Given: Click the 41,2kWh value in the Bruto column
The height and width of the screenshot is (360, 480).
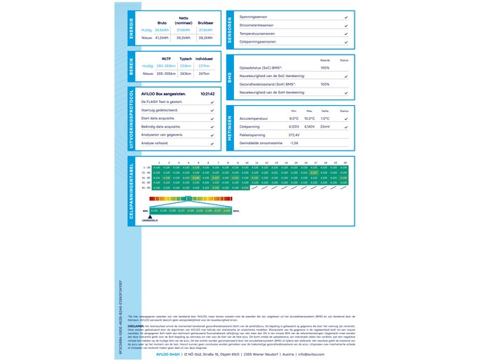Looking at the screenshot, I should click(162, 38).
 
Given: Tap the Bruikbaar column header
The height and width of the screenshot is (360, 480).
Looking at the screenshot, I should click(205, 22).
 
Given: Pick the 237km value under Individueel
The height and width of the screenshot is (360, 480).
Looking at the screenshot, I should click(205, 65).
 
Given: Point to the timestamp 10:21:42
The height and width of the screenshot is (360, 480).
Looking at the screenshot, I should click(207, 92).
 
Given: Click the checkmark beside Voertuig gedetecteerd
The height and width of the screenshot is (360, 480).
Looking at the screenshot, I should click(212, 110).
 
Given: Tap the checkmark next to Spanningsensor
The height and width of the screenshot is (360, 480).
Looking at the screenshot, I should click(345, 16).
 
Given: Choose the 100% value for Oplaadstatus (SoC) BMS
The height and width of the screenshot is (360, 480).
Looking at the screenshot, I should click(324, 68).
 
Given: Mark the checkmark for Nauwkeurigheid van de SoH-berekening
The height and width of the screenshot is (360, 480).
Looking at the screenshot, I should click(345, 92).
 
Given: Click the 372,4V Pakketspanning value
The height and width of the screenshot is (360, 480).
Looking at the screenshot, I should click(294, 134).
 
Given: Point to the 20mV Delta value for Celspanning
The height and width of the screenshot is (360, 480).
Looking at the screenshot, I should click(324, 127).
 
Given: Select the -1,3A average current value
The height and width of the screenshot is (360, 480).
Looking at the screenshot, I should click(294, 143).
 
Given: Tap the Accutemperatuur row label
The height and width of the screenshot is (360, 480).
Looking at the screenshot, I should click(254, 118).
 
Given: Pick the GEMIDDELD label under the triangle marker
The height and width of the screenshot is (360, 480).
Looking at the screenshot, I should click(150, 220).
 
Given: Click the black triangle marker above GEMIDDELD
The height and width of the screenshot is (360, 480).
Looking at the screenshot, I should click(150, 215).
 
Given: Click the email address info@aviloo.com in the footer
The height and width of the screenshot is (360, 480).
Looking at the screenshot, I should click(310, 354).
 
